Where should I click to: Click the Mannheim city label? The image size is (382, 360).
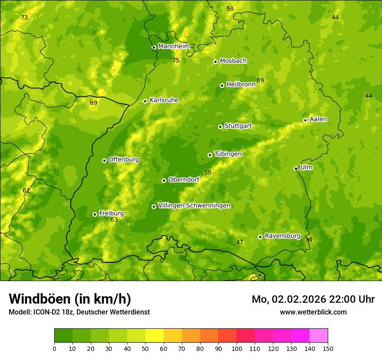pos(174,46)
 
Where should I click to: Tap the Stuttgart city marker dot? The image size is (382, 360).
pos(220,127)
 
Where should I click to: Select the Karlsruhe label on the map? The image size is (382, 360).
pos(164,100)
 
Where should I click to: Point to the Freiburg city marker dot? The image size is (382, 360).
pos(95,214)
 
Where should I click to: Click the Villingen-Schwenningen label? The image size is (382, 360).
pos(194,206)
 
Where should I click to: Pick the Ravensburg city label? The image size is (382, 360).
pos(283,236)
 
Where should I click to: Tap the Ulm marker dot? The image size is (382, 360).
pos(296,168)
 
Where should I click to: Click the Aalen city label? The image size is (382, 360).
pos(318,119)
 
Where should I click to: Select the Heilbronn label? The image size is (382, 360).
pos(241,85)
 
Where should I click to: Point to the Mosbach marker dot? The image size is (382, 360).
pos(215,62)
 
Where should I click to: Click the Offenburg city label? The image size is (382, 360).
pos(124,160)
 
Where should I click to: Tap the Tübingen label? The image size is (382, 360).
pos(228,154)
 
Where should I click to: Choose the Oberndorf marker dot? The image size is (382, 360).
pos(164,180)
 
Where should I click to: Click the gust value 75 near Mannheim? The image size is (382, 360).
pos(176,61)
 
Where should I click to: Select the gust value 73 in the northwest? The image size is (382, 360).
pos(24,18)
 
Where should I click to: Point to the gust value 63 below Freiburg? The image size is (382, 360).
pos(114,220)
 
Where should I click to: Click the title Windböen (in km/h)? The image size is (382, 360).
pos(70,299)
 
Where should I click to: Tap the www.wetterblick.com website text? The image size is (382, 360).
pos(313,312)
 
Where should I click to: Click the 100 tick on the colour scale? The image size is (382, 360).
pos(237,348)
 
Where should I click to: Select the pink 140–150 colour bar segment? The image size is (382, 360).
pos(319,336)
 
